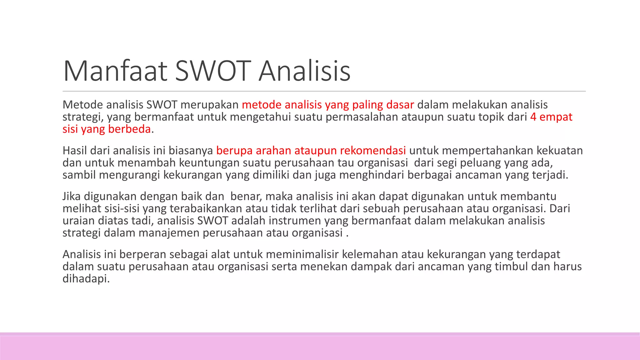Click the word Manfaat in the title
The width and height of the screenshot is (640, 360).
pyautogui.click(x=115, y=71)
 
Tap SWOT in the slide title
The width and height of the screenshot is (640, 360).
pyautogui.click(x=213, y=71)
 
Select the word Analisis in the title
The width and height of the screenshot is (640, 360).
pyautogui.click(x=304, y=71)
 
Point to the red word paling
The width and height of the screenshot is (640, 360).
pyautogui.click(x=367, y=105)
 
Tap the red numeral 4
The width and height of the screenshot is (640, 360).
pyautogui.click(x=533, y=117)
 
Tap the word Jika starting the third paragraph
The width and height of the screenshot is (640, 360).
pyautogui.click(x=72, y=196)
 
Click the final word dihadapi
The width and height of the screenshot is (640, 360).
pyautogui.click(x=86, y=279)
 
